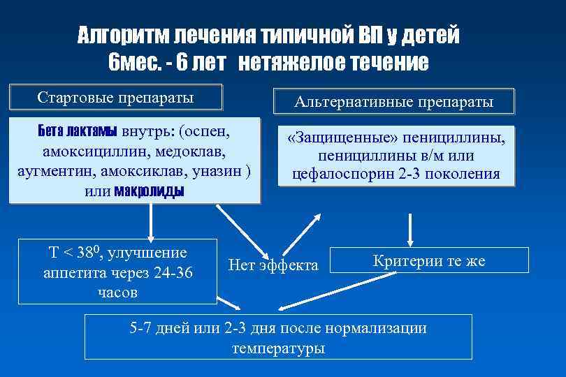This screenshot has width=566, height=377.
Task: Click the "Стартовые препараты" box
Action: (x=116, y=96)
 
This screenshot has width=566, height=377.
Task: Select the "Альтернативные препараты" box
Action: (x=394, y=102)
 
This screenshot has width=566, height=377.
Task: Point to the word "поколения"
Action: (x=467, y=173)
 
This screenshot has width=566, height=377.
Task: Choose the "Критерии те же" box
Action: (x=428, y=261)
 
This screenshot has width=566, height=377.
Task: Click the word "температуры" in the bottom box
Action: (x=278, y=348)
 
